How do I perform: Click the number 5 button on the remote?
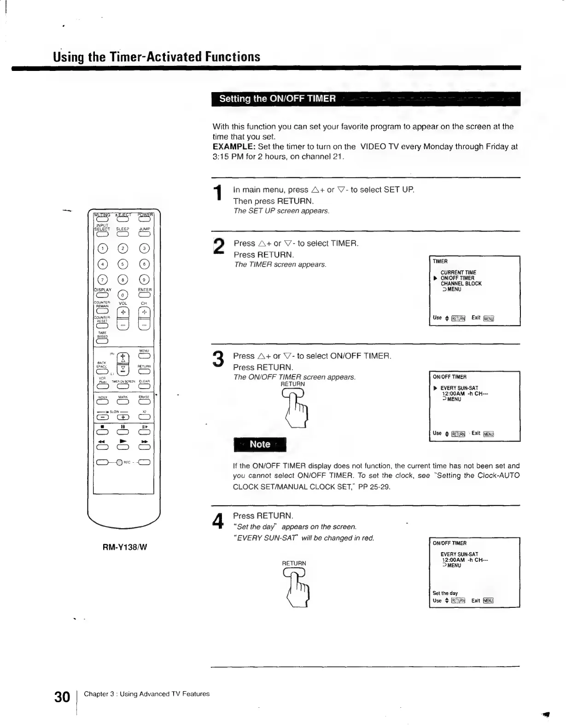123,264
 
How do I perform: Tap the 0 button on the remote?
123,295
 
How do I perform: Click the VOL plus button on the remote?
123,313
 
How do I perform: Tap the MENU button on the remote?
145,356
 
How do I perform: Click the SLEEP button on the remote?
123,234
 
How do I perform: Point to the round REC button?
119,463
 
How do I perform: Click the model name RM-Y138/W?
125,547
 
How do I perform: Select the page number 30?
62,697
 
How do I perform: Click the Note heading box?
260,444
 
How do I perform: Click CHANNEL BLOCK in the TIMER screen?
461,284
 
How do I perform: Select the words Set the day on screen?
445,593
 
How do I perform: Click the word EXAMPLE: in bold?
234,147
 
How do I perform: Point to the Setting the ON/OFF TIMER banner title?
277,99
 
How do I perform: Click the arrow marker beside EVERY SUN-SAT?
435,388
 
